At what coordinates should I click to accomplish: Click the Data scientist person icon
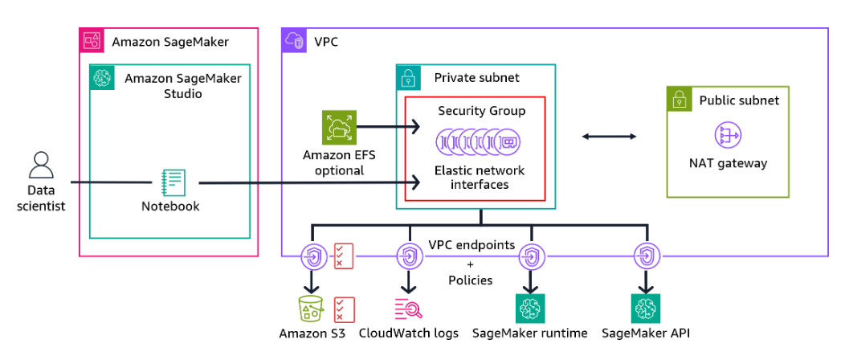pyautogui.click(x=40, y=166)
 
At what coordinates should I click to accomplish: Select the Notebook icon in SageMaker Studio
pyautogui.click(x=173, y=182)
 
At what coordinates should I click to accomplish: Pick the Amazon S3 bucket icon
pyautogui.click(x=310, y=309)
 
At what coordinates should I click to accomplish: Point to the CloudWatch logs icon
pyautogui.click(x=408, y=309)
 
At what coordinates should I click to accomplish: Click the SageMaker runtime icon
pyautogui.click(x=530, y=309)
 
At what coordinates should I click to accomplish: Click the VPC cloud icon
pyautogui.click(x=293, y=41)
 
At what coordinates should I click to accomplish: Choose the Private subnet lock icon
pyautogui.click(x=409, y=78)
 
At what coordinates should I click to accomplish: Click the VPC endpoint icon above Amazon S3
pyautogui.click(x=310, y=257)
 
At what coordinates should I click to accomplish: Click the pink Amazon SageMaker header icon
pyautogui.click(x=92, y=41)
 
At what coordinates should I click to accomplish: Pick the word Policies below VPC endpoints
pyautogui.click(x=471, y=280)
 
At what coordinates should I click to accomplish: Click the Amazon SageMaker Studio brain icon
pyautogui.click(x=102, y=78)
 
